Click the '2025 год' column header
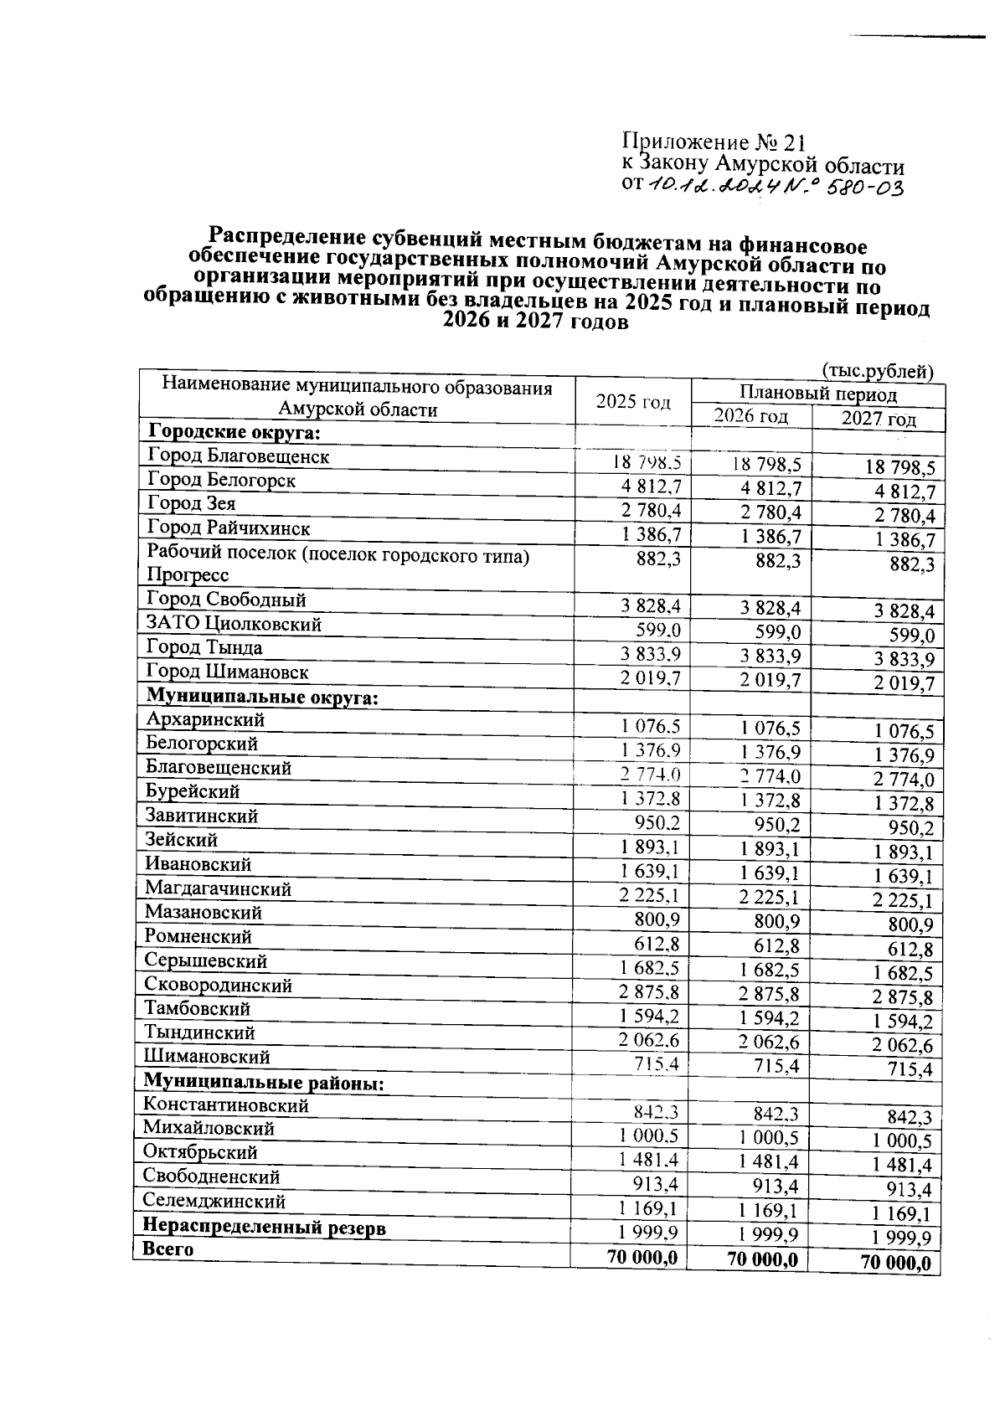[x=633, y=402]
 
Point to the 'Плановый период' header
[x=818, y=394]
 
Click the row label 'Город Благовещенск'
[x=239, y=456]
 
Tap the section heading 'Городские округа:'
[x=234, y=432]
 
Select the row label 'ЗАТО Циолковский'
[x=234, y=624]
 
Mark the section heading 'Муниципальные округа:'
[x=262, y=697]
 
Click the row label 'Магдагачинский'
[x=219, y=888]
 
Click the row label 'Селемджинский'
[x=214, y=1202]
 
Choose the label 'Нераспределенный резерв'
[x=265, y=1228]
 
